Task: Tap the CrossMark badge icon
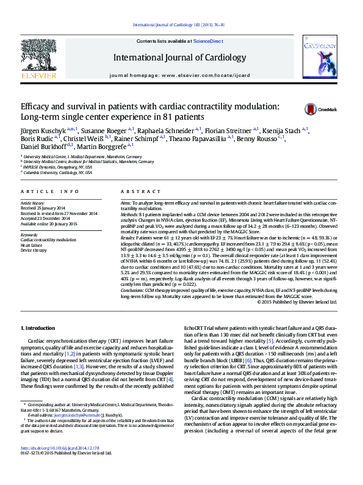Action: point(312,109)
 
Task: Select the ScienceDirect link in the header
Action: point(208,40)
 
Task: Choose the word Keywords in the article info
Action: point(29,235)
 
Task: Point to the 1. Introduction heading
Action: point(38,329)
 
